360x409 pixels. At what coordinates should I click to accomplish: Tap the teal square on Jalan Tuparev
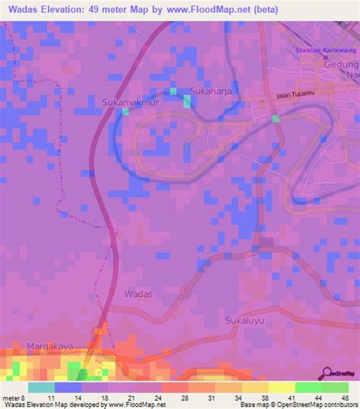click(275, 119)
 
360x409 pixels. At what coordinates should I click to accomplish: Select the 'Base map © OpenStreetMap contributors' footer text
click(292, 404)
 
